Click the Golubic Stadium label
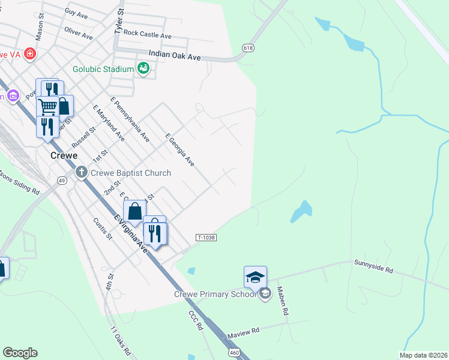coord(103,69)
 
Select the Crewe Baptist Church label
coord(130,173)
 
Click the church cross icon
coord(82,173)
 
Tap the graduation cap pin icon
coord(255,277)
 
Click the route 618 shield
coord(248,47)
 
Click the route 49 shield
coord(62,180)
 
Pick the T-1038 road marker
coord(206,238)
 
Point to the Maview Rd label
coord(243,331)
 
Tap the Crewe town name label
coord(64,155)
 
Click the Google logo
coord(20,353)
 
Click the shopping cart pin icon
coord(47,106)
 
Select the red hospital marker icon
coord(29,53)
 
